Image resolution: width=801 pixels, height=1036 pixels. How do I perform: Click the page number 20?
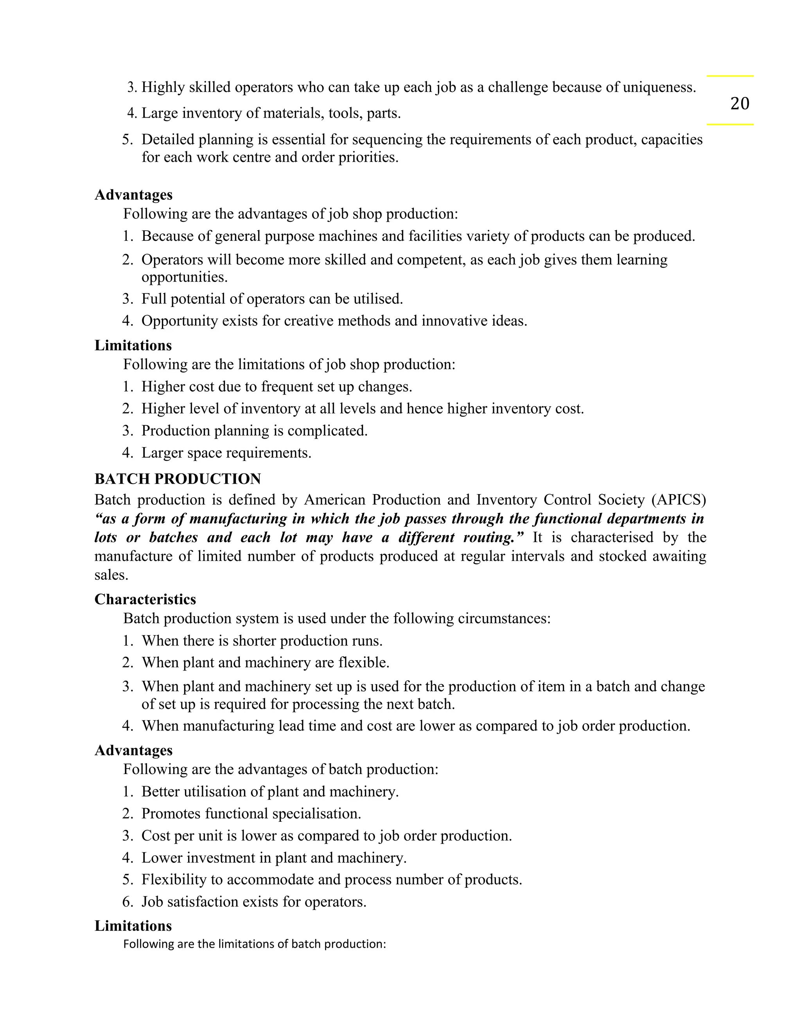739,104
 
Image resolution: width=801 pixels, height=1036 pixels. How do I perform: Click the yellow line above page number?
730,76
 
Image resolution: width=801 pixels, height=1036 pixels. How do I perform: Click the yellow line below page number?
730,124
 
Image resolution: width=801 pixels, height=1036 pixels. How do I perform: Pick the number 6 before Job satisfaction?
127,902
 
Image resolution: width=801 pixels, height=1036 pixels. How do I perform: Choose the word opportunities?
184,277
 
